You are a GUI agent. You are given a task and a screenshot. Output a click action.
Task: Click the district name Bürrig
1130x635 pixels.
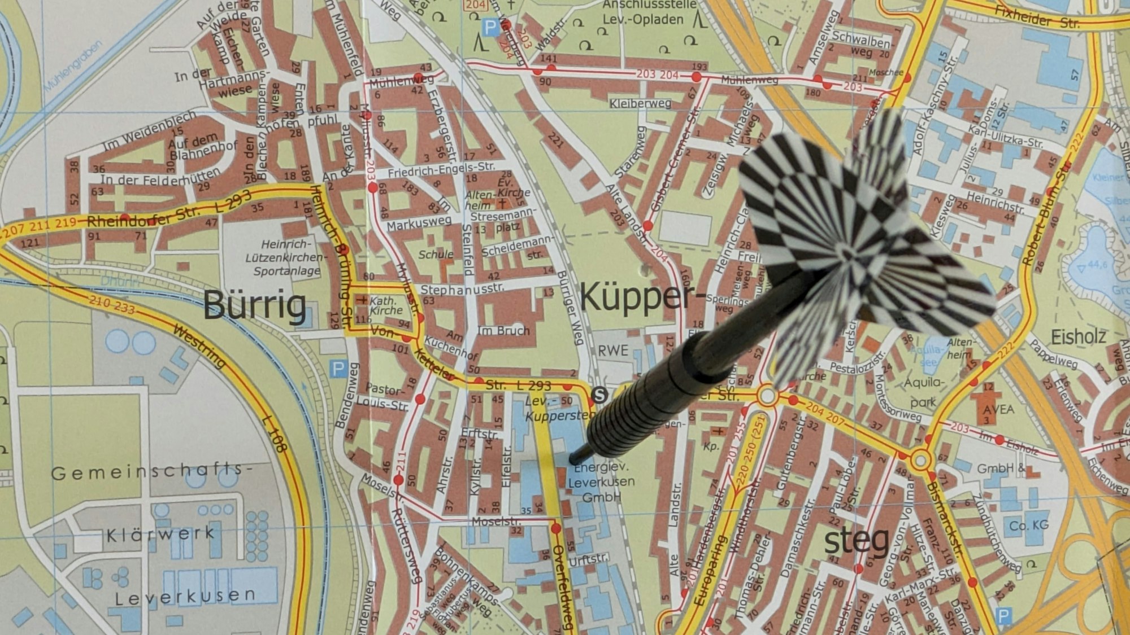pyautogui.click(x=255, y=305)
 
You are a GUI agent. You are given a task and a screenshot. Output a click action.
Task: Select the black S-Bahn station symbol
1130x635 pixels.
pyautogui.click(x=599, y=395)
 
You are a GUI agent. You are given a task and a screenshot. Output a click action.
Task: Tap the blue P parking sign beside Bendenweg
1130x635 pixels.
pyautogui.click(x=338, y=370)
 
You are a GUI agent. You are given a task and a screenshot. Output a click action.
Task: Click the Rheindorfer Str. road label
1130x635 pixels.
pyautogui.click(x=143, y=217)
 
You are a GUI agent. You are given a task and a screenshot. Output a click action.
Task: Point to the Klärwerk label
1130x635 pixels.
pyautogui.click(x=160, y=534)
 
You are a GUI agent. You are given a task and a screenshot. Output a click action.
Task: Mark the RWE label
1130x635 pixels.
pyautogui.click(x=613, y=351)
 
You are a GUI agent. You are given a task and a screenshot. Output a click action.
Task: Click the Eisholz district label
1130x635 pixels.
pyautogui.click(x=1078, y=337)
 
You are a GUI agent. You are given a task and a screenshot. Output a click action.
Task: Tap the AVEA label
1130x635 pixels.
pyautogui.click(x=998, y=409)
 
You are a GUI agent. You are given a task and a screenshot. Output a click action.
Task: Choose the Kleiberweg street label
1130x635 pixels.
pyautogui.click(x=640, y=103)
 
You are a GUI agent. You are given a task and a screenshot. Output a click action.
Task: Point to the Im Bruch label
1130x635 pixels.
pyautogui.click(x=503, y=331)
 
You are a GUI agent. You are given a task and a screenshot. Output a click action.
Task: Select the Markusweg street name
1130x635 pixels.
pyautogui.click(x=419, y=224)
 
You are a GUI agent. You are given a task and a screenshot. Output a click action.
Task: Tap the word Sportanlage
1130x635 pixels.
pyautogui.click(x=286, y=271)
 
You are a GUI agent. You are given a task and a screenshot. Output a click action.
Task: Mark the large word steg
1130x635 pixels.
pyautogui.click(x=857, y=541)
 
